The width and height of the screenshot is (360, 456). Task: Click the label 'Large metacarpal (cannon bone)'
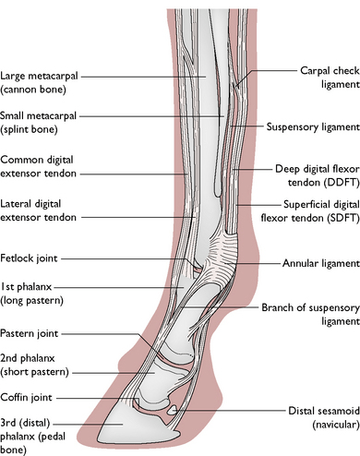(39, 82)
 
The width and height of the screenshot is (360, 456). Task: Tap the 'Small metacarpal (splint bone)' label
(38, 122)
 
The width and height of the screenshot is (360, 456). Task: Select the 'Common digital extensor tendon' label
(38, 166)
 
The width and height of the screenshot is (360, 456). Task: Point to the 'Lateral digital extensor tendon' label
(38, 210)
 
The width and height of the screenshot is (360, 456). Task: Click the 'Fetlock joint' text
(29, 258)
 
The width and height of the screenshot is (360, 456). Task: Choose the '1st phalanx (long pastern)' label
(31, 294)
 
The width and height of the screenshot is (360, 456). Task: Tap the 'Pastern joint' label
(30, 333)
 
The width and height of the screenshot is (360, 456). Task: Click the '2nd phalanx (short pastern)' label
(34, 366)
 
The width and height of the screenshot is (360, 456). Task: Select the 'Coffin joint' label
(27, 397)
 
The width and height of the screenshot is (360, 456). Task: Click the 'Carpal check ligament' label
(330, 78)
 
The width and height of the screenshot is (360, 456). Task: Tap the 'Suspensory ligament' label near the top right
(313, 126)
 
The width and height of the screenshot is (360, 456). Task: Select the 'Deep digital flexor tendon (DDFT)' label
(318, 175)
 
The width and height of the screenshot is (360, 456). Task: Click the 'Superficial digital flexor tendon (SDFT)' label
(310, 211)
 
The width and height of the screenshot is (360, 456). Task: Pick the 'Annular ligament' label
(321, 263)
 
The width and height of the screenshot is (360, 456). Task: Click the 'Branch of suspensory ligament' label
(310, 314)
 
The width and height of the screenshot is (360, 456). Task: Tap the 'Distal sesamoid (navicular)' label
(324, 417)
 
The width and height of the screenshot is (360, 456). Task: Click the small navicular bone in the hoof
(173, 410)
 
